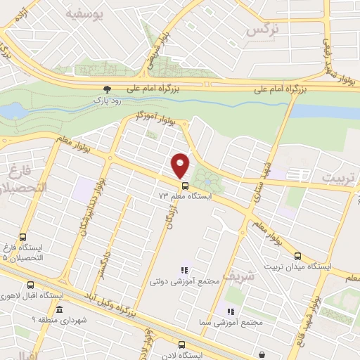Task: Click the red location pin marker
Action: point(181,165)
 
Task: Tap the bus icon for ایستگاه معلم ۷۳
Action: point(185,186)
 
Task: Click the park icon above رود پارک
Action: point(107,89)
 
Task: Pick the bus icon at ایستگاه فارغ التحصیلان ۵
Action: point(22,238)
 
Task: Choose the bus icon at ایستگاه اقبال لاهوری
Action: point(30,285)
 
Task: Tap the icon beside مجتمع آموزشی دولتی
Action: point(185,269)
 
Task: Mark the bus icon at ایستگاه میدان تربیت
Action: point(297,256)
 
